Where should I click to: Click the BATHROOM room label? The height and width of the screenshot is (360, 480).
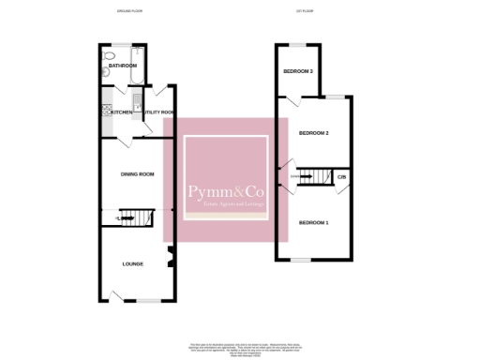(122, 66)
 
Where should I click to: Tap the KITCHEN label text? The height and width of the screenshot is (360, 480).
(122, 112)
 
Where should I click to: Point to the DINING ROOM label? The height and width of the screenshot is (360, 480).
(137, 174)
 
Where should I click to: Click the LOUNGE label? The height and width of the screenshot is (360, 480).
(133, 263)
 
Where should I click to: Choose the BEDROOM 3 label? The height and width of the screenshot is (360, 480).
(297, 71)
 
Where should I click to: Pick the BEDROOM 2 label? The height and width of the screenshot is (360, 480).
(313, 133)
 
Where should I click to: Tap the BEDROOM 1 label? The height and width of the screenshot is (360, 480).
(313, 222)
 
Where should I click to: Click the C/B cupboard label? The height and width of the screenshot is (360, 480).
(342, 177)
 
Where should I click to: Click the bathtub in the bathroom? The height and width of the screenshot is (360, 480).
(125, 53)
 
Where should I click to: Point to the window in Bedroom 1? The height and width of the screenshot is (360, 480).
(300, 260)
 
